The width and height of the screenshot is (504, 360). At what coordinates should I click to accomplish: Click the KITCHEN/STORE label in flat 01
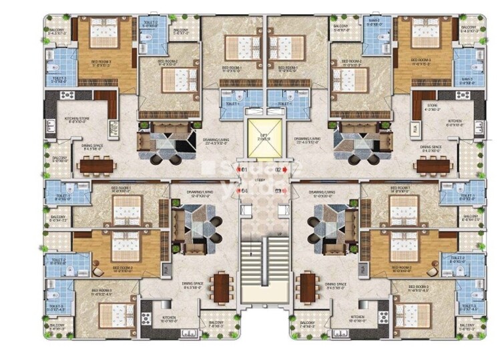click(77, 122)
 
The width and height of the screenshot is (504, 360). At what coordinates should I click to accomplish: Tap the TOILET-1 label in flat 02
click(285, 104)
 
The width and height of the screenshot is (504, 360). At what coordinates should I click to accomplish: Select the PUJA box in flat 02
click(414, 126)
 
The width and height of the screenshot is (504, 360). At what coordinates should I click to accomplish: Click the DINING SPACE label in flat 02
click(432, 148)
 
